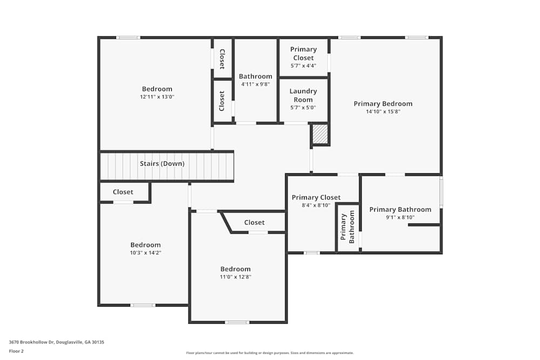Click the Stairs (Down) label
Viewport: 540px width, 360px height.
162,164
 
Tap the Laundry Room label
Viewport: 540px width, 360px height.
303,95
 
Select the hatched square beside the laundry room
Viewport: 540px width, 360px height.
321,134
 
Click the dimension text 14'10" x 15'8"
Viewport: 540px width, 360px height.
383,112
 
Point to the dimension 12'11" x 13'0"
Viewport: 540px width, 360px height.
157,97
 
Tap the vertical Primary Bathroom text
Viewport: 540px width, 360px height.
347,227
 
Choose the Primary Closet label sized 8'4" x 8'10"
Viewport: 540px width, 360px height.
316,198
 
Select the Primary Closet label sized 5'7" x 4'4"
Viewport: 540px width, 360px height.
303,53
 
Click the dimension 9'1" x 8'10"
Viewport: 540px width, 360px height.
400,218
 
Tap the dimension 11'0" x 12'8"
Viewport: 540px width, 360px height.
235,277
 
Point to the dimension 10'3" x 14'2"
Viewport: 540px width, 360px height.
145,253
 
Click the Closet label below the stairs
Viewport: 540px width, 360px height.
123,192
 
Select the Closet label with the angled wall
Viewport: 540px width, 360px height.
254,222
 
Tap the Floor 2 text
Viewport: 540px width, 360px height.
16,351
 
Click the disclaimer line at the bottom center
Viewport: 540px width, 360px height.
270,352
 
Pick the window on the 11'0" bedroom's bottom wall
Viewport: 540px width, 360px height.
237,322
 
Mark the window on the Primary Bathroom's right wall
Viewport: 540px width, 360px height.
441,192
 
